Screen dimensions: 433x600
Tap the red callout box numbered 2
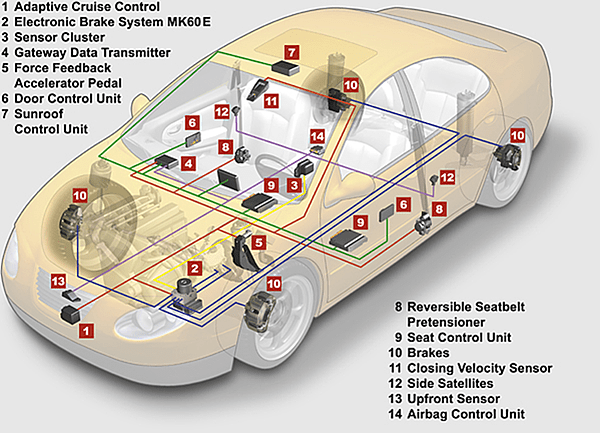pos(197,267)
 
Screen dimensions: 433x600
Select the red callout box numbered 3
pos(295,185)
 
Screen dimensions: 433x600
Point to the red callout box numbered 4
pos(189,162)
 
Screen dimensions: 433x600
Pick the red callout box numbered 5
pos(259,242)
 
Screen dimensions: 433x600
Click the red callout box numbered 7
pos(291,51)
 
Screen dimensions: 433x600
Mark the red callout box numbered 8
pos(228,146)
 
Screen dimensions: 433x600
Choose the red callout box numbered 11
pos(271,100)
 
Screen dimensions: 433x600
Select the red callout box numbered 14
pos(317,135)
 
